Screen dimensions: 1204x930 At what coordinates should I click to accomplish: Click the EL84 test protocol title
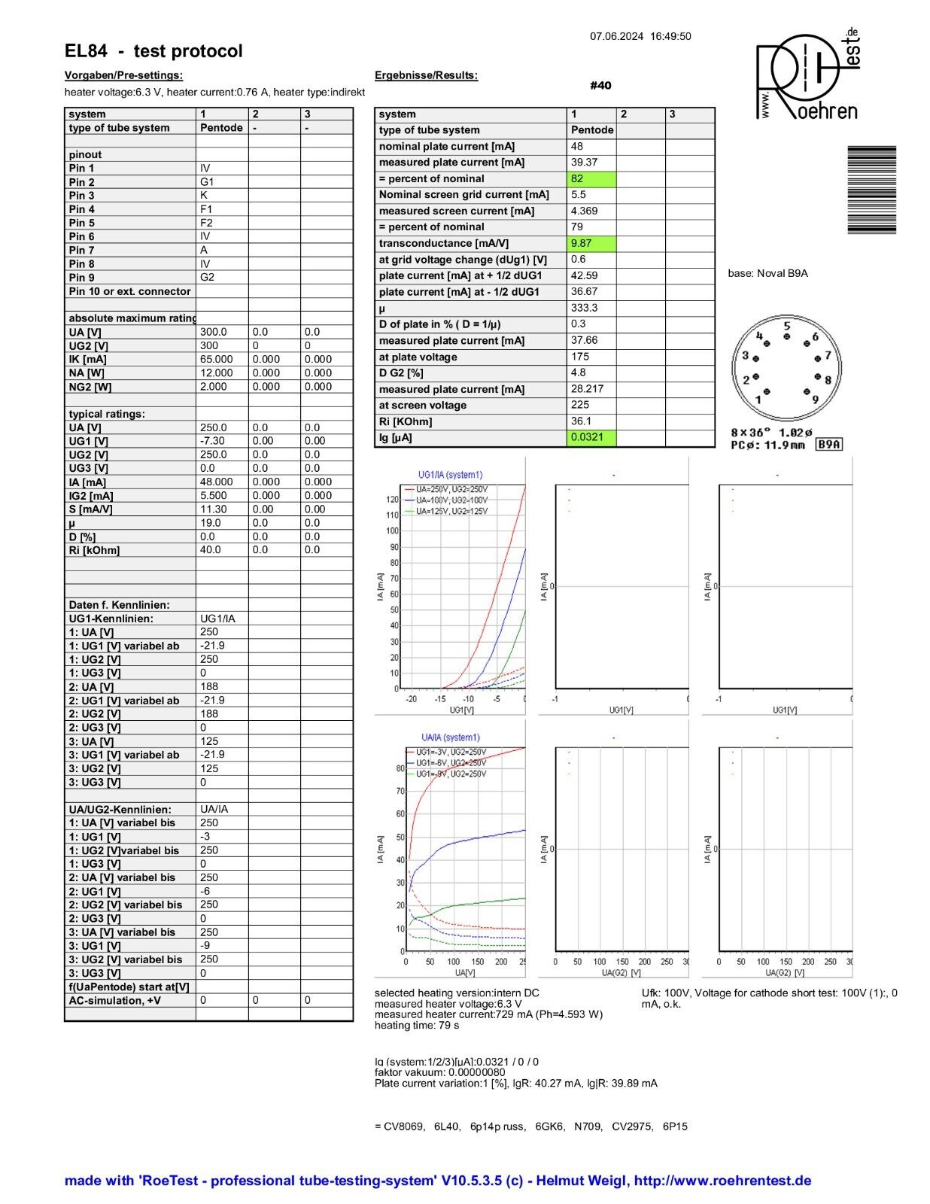153,51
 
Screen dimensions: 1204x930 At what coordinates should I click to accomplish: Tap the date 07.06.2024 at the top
616,36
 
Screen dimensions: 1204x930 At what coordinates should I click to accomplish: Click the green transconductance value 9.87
591,243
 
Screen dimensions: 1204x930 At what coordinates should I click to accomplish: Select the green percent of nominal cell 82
591,178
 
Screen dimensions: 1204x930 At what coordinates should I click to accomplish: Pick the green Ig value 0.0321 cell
591,437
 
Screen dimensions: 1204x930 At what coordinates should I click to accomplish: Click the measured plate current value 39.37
584,163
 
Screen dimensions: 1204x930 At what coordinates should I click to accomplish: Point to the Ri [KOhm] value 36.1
581,421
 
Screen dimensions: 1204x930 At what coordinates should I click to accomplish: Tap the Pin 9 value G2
207,277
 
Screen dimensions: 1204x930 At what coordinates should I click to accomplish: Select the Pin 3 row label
82,196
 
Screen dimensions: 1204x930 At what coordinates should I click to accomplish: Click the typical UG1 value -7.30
212,441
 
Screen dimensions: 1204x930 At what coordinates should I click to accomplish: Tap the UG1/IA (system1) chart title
450,475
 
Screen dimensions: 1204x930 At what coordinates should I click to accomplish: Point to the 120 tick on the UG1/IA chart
392,500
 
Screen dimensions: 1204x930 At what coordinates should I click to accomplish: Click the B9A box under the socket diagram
829,445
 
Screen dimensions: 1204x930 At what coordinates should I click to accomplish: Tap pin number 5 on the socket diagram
787,327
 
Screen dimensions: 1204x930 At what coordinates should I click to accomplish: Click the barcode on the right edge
871,190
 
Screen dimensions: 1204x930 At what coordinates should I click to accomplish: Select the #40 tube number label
600,86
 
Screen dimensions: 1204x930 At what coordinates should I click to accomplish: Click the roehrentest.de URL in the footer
722,1181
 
